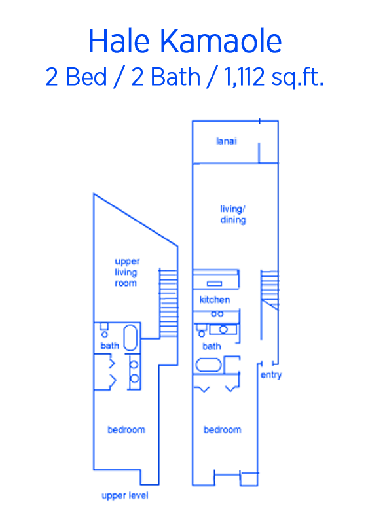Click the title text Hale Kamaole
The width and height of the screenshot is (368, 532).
point(185,41)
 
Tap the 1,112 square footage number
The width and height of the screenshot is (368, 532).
point(244,77)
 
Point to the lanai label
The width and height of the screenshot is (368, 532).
point(227,141)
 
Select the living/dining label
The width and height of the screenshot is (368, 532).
point(233,215)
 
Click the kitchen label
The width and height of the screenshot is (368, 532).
point(215,300)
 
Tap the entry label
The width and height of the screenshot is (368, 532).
point(271,375)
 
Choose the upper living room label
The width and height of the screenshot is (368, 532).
point(126,272)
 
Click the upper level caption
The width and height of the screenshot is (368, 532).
point(125,496)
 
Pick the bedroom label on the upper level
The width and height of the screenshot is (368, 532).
point(126,430)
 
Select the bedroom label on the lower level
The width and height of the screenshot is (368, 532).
point(223,430)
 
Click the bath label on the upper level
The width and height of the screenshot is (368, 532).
point(109,346)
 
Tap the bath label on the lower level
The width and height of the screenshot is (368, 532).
point(212,346)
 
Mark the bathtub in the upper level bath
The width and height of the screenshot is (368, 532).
point(130,338)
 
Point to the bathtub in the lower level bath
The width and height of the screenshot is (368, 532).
point(208,365)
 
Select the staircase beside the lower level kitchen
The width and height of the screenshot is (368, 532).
point(270,289)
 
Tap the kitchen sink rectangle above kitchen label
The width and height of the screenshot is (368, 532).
point(215,283)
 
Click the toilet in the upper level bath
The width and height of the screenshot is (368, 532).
point(104,330)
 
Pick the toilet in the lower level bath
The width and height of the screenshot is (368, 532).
point(202,330)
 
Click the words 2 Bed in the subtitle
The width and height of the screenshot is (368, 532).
point(77,77)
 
